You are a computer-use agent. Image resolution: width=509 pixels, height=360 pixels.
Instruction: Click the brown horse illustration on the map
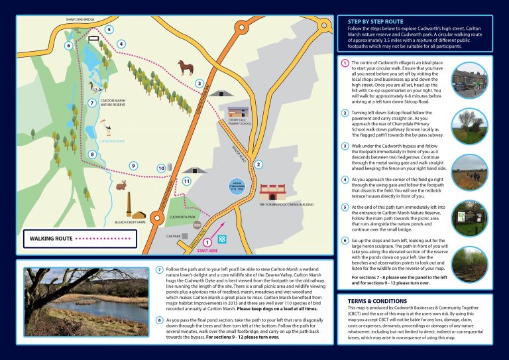[x=186, y=67]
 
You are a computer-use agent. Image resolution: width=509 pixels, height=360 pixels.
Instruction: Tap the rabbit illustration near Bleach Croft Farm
[x=121, y=186]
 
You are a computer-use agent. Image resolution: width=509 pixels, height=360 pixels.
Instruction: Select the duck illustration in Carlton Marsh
[x=94, y=86]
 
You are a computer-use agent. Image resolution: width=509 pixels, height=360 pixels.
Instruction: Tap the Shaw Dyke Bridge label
[x=80, y=20]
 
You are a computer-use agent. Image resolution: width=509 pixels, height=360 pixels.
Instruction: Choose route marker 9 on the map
[x=133, y=166]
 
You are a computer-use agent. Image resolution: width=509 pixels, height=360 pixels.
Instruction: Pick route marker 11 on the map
[x=186, y=180]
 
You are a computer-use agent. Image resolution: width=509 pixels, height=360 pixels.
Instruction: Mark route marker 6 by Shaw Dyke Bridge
[x=68, y=46]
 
